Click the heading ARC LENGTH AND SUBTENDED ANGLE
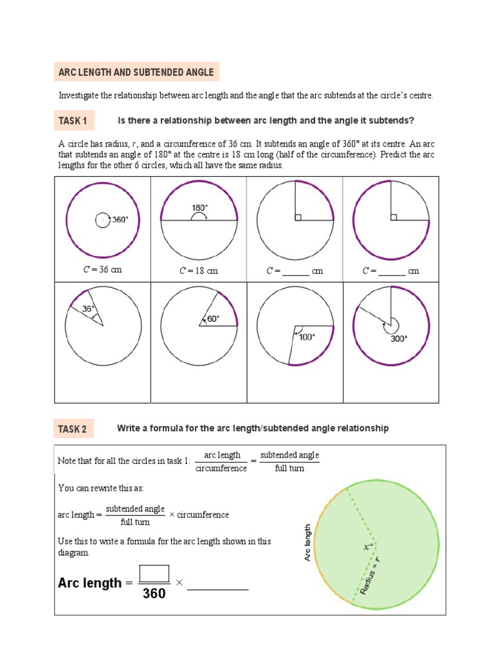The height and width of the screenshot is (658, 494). tap(136, 72)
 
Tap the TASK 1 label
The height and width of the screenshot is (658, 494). tap(73, 120)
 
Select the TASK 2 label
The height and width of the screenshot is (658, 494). tap(73, 429)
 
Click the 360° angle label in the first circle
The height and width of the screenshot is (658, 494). tap(120, 220)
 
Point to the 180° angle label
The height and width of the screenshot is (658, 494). tap(199, 208)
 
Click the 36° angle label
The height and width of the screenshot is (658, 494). tap(88, 308)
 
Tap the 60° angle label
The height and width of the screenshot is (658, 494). tap(213, 318)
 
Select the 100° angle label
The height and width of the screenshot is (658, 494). tap(307, 337)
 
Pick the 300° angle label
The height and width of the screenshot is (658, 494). tap(399, 339)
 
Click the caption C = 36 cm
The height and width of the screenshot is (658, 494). tap(102, 270)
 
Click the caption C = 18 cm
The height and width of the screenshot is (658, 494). tap(198, 271)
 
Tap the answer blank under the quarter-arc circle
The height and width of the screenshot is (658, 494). tap(295, 272)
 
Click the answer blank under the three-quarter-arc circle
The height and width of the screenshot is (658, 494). tap(392, 272)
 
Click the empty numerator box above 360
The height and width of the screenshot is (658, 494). tap(154, 573)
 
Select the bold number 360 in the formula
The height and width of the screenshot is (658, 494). tap(154, 594)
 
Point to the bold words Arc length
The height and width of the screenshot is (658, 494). tap(89, 583)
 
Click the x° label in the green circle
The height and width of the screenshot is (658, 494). tap(368, 547)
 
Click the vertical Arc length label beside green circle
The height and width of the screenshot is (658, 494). tap(307, 542)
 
